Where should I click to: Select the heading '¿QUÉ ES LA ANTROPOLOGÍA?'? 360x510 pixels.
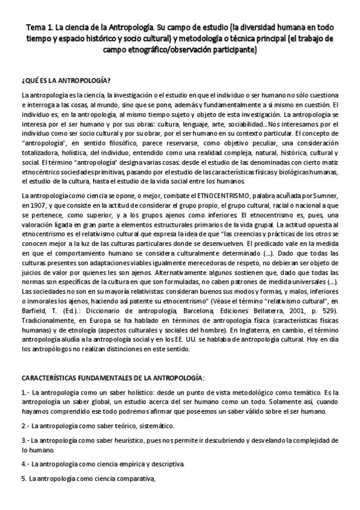(x=65, y=81)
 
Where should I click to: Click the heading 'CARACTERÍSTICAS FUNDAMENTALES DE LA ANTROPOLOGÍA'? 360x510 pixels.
(x=112, y=378)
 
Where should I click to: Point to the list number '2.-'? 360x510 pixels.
(x=25, y=426)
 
